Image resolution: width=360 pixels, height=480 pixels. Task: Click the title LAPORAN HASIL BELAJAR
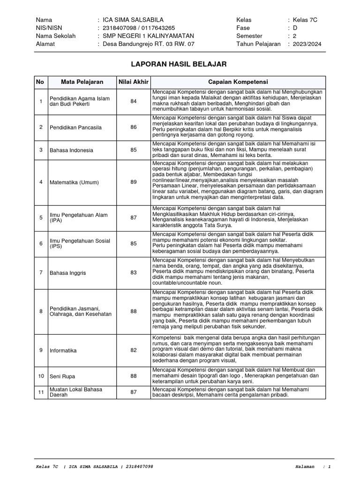tap(180, 64)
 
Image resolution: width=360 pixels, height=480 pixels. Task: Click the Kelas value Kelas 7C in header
tap(305, 20)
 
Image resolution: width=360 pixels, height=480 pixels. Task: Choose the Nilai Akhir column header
tap(133, 82)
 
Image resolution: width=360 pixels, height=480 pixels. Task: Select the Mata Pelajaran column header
tap(82, 82)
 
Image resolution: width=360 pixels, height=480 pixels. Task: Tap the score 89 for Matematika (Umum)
tap(134, 182)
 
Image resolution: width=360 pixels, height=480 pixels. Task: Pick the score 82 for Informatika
tap(134, 350)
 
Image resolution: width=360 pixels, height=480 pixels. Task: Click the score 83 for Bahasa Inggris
tap(134, 272)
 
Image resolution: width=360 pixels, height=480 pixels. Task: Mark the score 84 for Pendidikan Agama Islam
tap(134, 101)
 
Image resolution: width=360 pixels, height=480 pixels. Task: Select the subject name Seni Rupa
tap(62, 376)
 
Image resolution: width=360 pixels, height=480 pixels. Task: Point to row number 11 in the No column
tap(41, 392)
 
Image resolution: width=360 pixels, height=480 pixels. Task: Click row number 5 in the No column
tap(41, 217)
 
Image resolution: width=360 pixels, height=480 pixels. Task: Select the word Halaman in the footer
tap(306, 467)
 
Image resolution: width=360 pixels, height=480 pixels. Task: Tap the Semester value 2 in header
tap(295, 36)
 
